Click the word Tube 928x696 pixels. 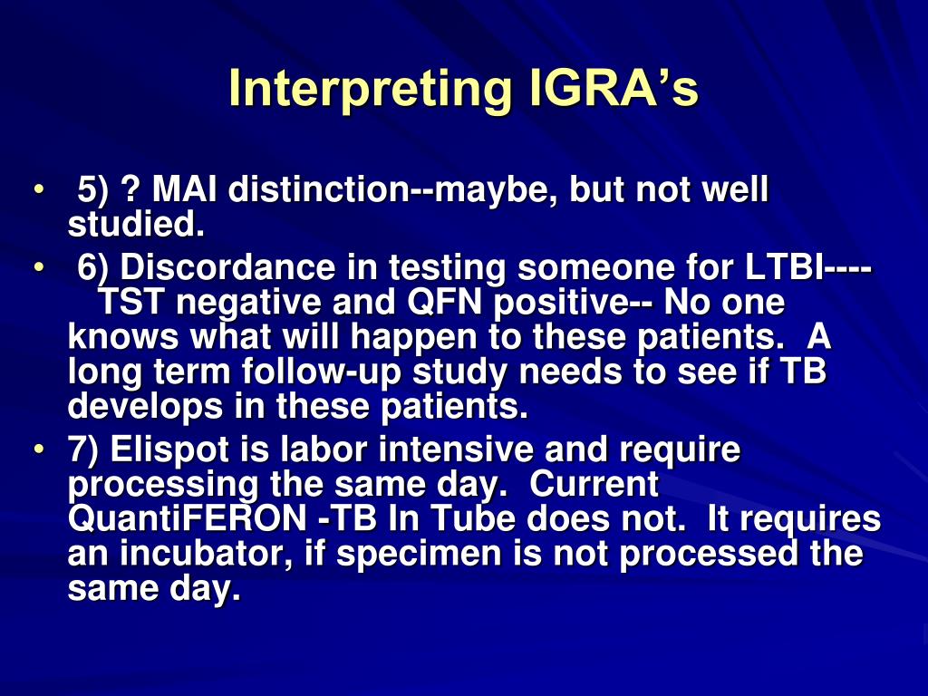pos(463,519)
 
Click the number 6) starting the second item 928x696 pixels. pos(92,269)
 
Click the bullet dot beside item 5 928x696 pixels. pos(38,191)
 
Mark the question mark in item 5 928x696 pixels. pos(130,191)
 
